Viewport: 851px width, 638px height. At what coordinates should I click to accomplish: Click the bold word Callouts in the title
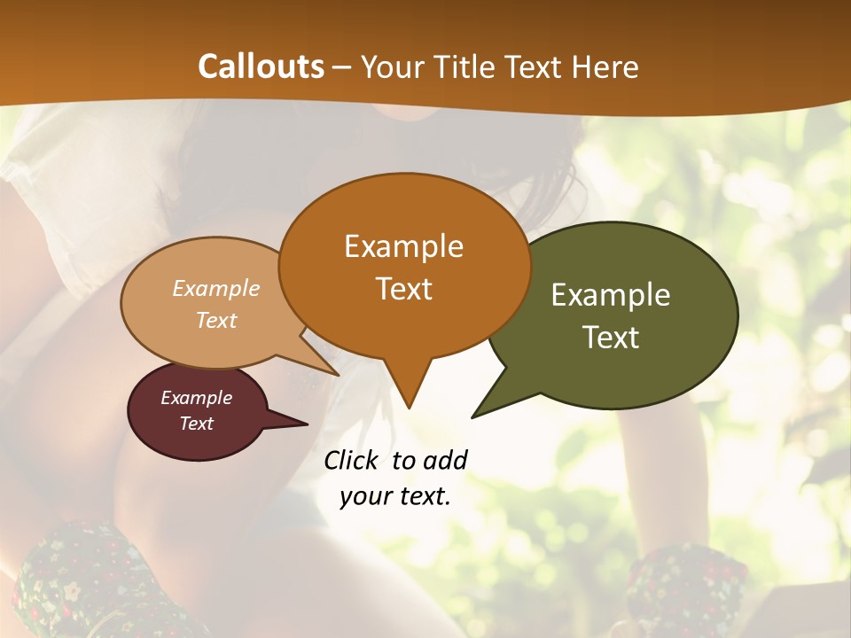click(261, 66)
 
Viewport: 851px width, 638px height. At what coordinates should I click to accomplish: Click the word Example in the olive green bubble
click(611, 295)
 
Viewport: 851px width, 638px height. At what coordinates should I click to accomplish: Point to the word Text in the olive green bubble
click(611, 338)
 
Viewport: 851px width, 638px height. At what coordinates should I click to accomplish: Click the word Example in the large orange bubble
click(403, 246)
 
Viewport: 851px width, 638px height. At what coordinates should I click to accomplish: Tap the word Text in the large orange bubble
click(403, 289)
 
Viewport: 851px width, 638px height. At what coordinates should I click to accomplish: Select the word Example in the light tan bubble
click(216, 289)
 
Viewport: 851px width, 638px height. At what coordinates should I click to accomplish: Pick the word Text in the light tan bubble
click(216, 320)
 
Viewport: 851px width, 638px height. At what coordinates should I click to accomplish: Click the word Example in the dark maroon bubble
click(196, 398)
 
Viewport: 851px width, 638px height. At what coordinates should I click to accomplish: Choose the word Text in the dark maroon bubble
click(196, 424)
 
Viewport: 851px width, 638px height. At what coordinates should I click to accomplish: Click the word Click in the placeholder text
click(353, 460)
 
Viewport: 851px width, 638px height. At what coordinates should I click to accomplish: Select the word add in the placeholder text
click(445, 460)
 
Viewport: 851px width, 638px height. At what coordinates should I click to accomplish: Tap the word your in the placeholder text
click(363, 495)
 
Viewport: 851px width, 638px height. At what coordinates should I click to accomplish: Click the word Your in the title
click(394, 67)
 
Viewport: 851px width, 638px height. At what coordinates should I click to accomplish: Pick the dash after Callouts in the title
click(342, 67)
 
